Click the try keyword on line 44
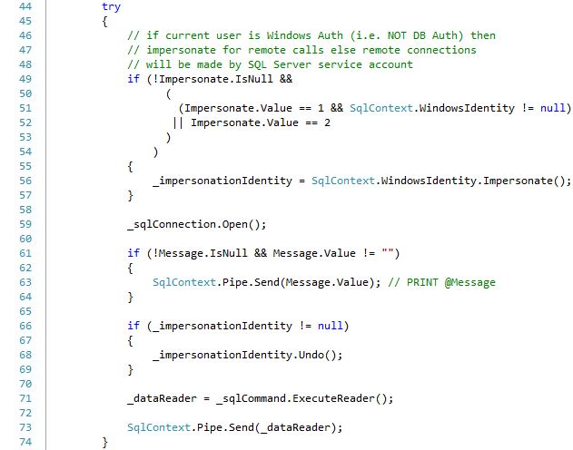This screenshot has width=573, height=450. [111, 7]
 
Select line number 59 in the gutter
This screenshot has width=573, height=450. [25, 224]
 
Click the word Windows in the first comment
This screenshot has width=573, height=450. [289, 35]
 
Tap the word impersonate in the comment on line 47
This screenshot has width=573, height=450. [181, 50]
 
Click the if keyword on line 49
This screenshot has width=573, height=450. [133, 79]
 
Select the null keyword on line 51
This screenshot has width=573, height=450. [552, 108]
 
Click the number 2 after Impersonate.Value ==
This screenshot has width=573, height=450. [327, 122]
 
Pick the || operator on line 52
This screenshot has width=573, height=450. [178, 122]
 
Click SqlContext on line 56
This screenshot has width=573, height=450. [342, 181]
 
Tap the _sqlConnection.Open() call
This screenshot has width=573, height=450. [197, 224]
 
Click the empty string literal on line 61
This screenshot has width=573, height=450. [388, 252]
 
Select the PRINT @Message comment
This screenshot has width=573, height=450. [442, 282]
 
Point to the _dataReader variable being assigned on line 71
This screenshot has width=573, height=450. [162, 398]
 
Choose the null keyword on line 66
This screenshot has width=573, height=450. [330, 326]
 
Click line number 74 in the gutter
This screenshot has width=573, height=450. [25, 442]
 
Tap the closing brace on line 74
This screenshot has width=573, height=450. [104, 443]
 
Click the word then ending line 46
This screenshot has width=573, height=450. [483, 35]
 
